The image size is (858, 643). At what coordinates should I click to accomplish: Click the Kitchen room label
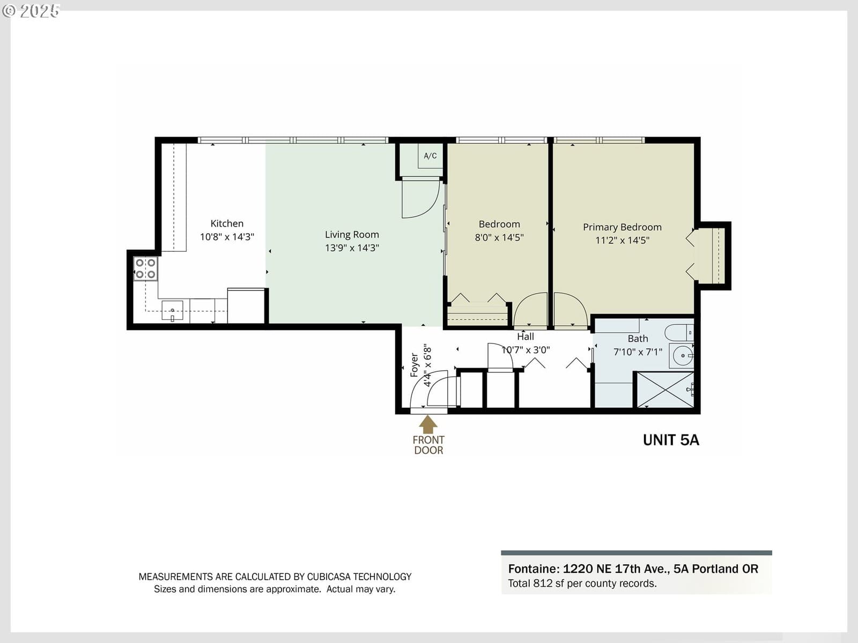coord(227,223)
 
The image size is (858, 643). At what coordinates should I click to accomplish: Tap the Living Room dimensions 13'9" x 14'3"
coord(352,248)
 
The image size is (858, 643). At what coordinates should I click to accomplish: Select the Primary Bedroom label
coord(622,227)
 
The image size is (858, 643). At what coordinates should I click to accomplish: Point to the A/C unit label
coord(430,156)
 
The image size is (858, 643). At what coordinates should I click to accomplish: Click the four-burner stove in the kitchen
coord(145,268)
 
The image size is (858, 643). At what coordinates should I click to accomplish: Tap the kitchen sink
coord(172,310)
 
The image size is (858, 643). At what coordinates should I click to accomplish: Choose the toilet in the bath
coord(679,332)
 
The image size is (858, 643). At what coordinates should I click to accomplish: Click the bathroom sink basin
coord(682,356)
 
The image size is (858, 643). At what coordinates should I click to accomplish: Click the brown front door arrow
coord(428,424)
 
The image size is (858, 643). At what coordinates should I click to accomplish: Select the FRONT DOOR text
coord(428,445)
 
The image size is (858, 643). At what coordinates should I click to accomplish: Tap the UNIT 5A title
coord(671,440)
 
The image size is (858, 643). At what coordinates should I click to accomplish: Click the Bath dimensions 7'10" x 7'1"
coord(638,352)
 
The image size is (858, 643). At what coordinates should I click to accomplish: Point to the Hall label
coord(526,336)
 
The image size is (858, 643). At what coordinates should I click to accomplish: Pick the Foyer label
coord(414,365)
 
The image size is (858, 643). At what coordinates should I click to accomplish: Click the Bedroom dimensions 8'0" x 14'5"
coord(499,237)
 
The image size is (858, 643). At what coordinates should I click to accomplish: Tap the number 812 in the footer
coord(543,584)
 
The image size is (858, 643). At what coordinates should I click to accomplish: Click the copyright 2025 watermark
coord(31,11)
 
